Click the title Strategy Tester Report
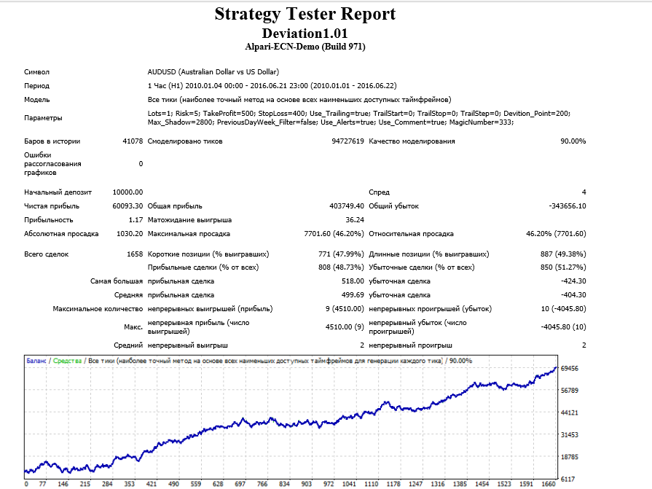[305, 14]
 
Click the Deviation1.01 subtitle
[305, 34]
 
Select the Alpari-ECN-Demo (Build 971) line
[305, 47]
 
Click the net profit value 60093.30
[127, 206]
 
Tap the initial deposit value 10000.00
[127, 192]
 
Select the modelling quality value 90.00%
[573, 141]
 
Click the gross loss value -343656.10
[567, 206]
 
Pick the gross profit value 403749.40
[346, 206]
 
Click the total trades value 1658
[135, 254]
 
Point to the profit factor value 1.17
[135, 220]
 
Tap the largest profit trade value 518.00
[353, 281]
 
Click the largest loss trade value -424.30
[573, 281]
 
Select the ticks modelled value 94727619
[347, 141]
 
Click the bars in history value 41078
[133, 141]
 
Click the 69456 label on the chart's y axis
[569, 369]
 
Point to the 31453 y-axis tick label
[569, 435]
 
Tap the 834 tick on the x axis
[284, 484]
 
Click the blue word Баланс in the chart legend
[36, 361]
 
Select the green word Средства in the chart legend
[67, 361]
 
